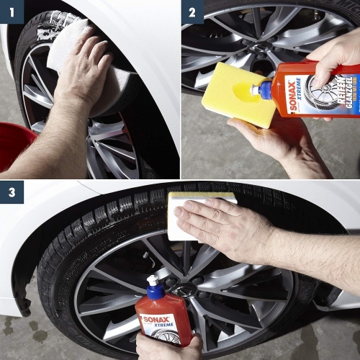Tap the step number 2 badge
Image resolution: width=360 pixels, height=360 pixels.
pyautogui.click(x=192, y=12)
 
